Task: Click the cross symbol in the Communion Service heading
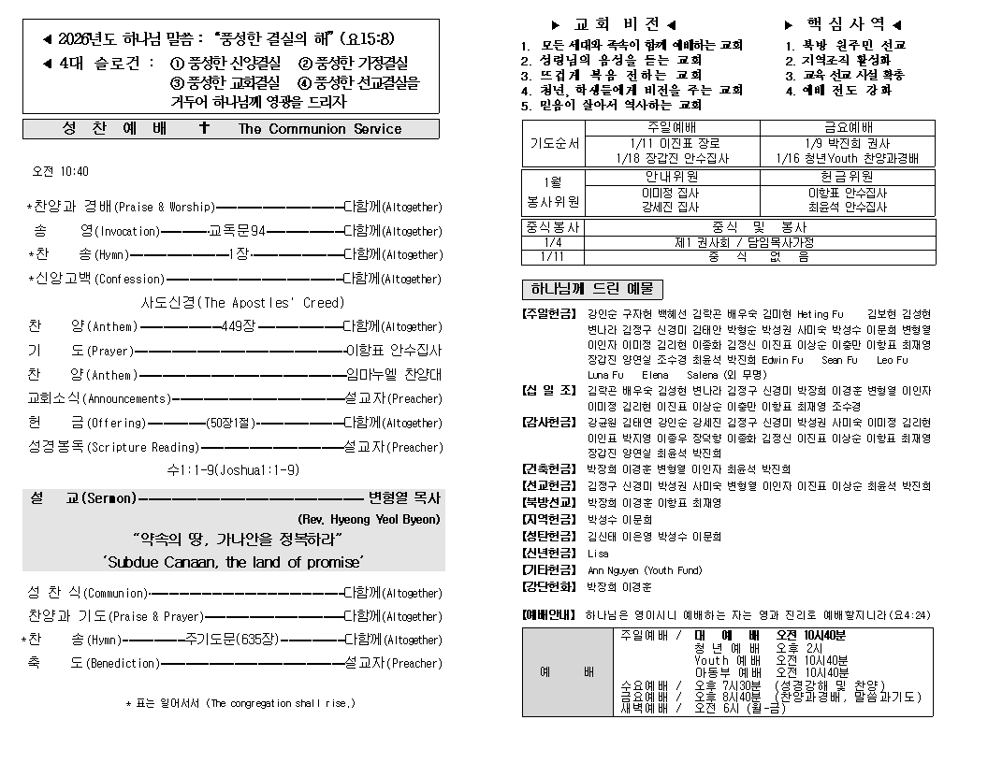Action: click(x=204, y=129)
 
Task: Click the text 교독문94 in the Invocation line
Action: click(x=237, y=231)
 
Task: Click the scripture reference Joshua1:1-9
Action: click(x=258, y=470)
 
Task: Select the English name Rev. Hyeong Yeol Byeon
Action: click(x=369, y=519)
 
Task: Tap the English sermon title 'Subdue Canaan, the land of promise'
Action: click(x=233, y=562)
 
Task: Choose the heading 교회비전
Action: click(x=613, y=24)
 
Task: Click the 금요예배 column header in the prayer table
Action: click(x=848, y=127)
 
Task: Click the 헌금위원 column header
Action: click(x=848, y=176)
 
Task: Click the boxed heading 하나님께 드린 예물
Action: click(x=591, y=289)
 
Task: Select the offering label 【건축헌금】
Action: click(x=550, y=468)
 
